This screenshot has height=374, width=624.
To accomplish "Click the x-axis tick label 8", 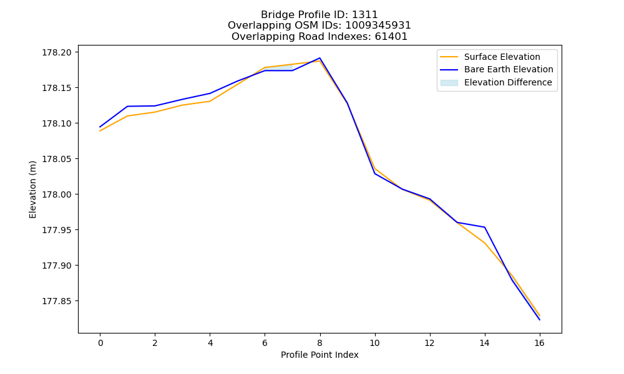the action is point(319,343).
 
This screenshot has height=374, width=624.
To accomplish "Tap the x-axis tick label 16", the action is point(539,343).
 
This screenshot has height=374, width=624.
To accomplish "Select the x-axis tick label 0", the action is point(100,343).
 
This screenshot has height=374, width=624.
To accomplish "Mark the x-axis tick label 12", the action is point(429,343).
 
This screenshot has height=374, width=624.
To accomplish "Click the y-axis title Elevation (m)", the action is point(32,189).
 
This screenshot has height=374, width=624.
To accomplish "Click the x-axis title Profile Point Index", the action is point(319,355).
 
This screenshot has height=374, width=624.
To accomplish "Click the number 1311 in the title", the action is point(364,15).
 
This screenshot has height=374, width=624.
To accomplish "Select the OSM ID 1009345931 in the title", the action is point(378,26).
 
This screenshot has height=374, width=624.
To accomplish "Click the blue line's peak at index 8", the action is point(319,58).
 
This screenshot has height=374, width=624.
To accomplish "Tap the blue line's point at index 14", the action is point(484,227).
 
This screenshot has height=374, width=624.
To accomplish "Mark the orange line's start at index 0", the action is point(100,131).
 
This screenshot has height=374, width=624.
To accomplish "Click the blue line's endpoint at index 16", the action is point(540,320).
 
